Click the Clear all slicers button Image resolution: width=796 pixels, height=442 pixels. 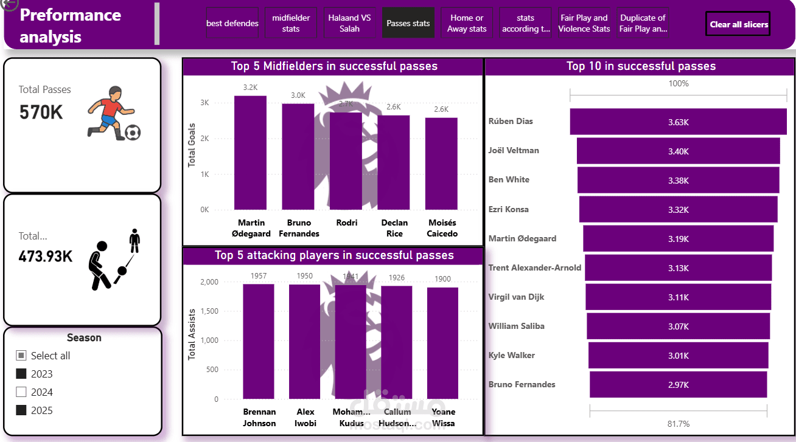738,24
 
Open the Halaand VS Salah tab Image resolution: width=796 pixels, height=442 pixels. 349,23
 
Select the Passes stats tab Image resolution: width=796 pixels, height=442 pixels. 408,23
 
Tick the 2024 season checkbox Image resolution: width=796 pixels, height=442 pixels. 21,392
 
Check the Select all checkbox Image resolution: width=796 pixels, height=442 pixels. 21,356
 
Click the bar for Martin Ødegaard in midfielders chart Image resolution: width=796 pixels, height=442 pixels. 250,153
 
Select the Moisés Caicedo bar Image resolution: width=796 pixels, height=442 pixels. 441,164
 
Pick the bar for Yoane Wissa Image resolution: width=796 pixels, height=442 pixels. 442,344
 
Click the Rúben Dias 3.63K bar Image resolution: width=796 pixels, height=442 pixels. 678,122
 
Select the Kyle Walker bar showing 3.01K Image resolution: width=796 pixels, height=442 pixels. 678,356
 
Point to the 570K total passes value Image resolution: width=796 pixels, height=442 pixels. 41,112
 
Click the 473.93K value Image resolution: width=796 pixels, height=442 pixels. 46,257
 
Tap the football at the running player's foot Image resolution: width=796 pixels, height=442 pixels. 133,132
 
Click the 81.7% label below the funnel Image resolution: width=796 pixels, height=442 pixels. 678,424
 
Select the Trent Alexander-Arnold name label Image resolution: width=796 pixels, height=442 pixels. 534,268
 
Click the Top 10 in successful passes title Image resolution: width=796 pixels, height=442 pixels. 641,66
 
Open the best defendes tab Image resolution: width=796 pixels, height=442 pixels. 232,23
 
